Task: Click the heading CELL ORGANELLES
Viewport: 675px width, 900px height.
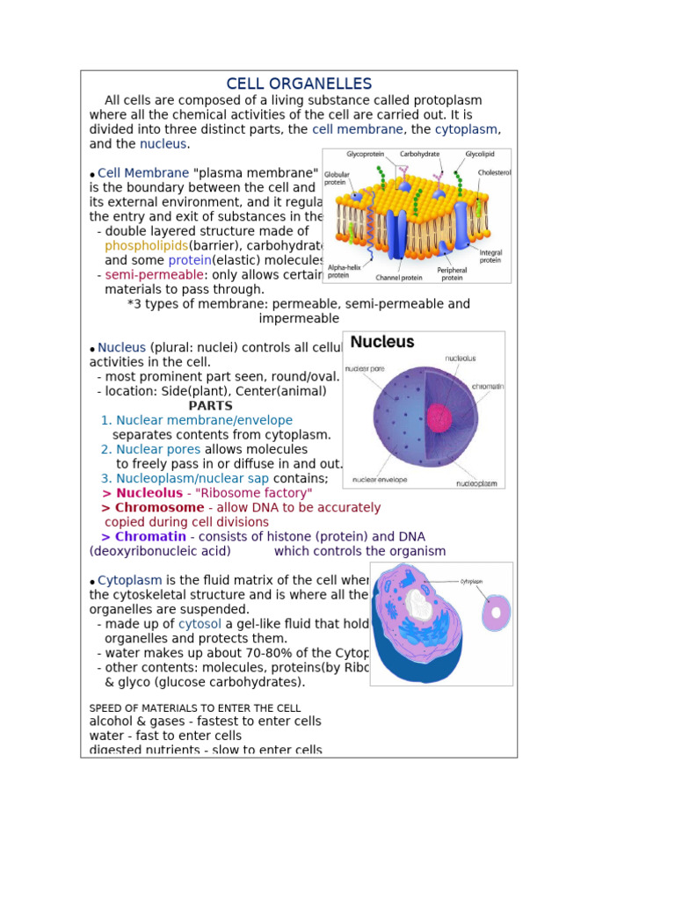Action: point(299,83)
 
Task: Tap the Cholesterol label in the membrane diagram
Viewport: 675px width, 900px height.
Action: point(495,173)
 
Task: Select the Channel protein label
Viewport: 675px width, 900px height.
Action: point(399,278)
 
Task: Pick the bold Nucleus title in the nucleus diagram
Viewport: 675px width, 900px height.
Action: point(382,342)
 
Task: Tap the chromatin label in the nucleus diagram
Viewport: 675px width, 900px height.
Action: point(487,386)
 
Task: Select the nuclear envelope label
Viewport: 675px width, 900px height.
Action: point(379,480)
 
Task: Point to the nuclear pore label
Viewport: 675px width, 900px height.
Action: point(365,368)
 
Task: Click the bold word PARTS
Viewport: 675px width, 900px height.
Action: point(210,406)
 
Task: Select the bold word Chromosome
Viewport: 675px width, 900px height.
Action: point(159,507)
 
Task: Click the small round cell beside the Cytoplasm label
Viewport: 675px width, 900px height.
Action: point(496,612)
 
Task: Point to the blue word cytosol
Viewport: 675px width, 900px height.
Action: point(200,623)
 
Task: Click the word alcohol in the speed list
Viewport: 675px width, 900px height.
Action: point(111,722)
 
